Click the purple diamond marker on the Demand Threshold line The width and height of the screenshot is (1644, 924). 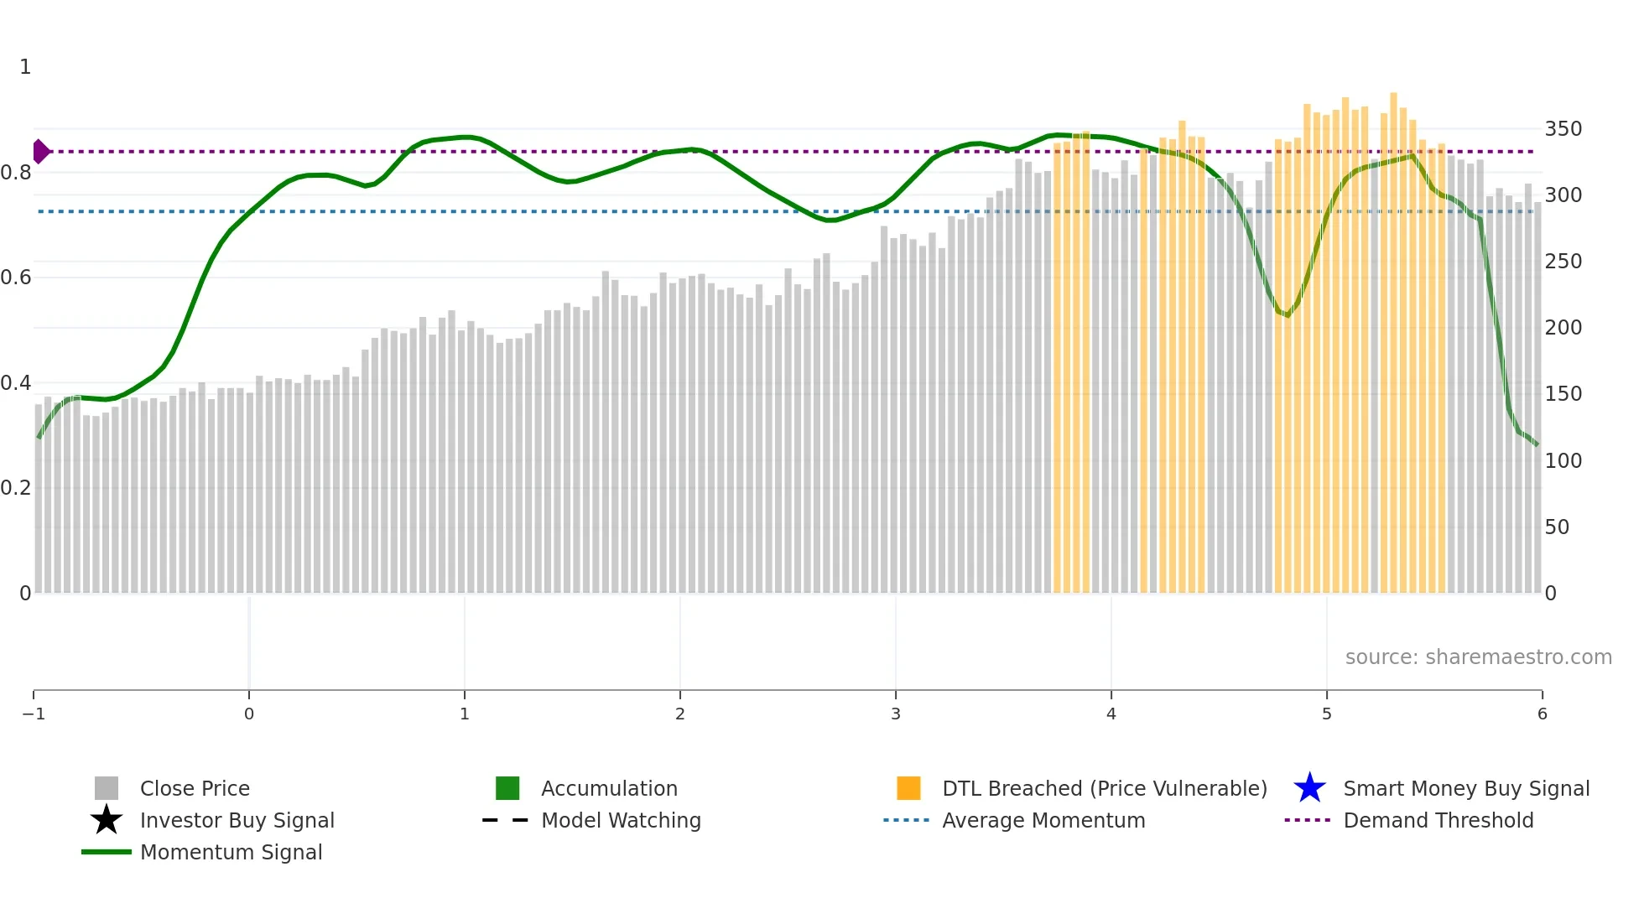[x=40, y=152]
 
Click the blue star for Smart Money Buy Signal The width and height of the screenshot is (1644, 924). [x=1309, y=789]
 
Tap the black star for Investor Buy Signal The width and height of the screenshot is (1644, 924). [x=107, y=821]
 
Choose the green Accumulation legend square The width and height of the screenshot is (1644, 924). [x=507, y=789]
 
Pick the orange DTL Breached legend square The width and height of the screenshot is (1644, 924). [x=908, y=789]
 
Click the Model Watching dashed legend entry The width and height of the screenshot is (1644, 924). [x=506, y=821]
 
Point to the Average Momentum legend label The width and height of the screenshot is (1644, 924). [x=1043, y=821]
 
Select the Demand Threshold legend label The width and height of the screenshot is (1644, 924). [x=1438, y=821]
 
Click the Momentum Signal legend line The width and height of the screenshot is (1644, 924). [x=107, y=853]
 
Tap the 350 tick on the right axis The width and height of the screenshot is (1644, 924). [x=1563, y=129]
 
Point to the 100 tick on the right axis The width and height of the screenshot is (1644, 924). [x=1563, y=461]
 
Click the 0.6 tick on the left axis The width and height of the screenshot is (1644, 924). [x=16, y=278]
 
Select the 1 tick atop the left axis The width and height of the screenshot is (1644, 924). [x=25, y=67]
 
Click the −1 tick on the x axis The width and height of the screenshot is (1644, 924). [x=34, y=714]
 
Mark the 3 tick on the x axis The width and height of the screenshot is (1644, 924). [x=896, y=714]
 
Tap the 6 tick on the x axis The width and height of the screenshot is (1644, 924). [x=1542, y=714]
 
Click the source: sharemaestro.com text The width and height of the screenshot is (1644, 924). [x=1478, y=657]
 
